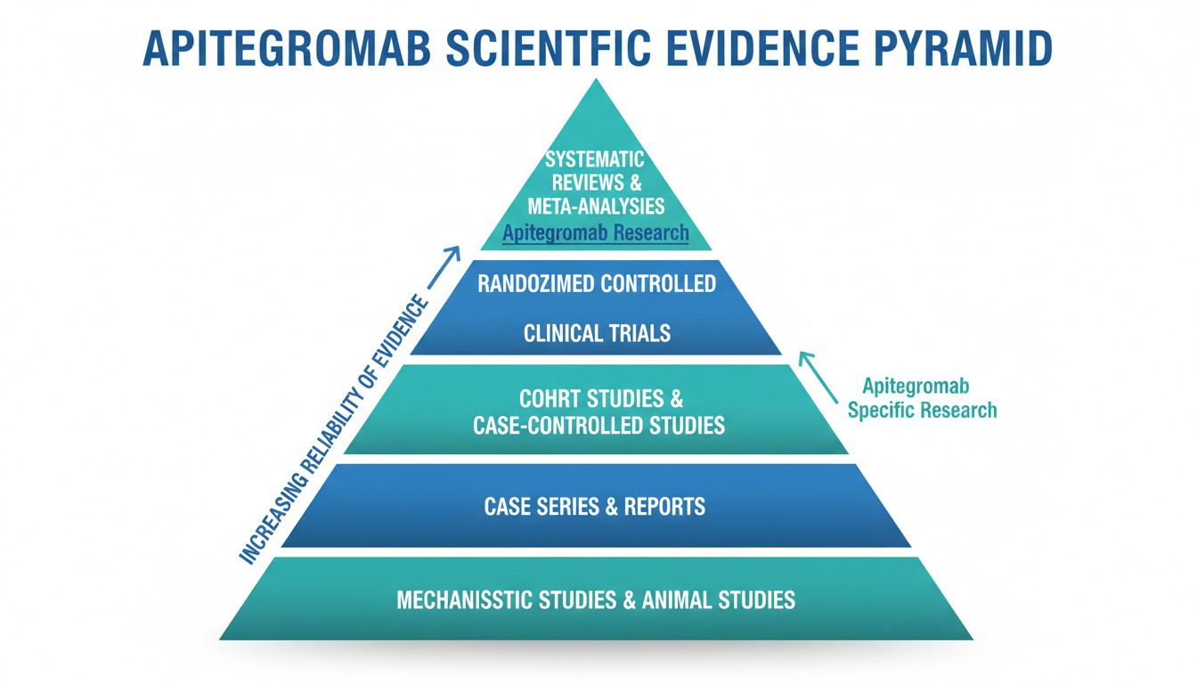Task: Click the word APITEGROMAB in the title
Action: click(287, 49)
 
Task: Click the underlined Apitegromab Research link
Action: click(596, 233)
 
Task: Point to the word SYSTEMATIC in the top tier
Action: click(595, 159)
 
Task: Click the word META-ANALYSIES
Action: click(597, 206)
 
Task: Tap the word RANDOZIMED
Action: click(535, 284)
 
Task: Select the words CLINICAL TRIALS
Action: click(597, 333)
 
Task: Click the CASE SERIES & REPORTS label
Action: click(595, 507)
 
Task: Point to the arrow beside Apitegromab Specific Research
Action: click(818, 378)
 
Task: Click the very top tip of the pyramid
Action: click(597, 79)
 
